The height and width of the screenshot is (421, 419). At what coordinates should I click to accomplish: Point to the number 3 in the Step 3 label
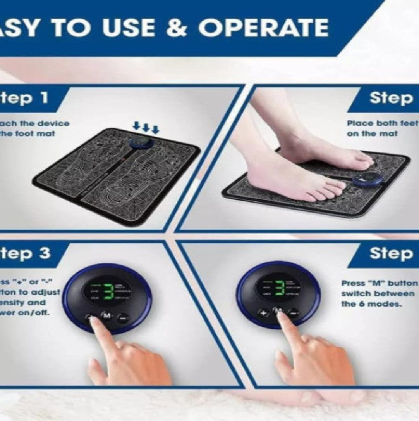pyautogui.click(x=45, y=253)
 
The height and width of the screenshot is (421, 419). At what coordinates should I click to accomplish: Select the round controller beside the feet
pyautogui.click(x=367, y=178)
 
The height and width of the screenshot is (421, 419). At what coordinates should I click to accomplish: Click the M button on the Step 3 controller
pyautogui.click(x=106, y=316)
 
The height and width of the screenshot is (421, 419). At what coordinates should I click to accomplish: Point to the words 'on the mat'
pyautogui.click(x=366, y=133)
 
